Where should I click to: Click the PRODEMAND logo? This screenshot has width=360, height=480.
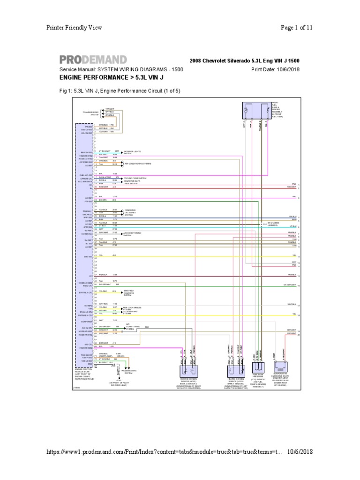pyautogui.click(x=93, y=60)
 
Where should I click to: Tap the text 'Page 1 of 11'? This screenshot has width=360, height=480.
pyautogui.click(x=297, y=28)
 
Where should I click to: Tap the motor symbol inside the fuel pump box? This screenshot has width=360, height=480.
pyautogui.click(x=245, y=110)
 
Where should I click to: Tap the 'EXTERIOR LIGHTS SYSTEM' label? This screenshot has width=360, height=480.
pyautogui.click(x=132, y=152)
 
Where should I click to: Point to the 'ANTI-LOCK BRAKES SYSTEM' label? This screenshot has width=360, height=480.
pyautogui.click(x=131, y=308)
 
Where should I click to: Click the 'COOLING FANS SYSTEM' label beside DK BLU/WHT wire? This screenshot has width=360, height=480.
pyautogui.click(x=135, y=178)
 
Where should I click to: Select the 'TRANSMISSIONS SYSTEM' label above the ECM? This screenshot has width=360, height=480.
pyautogui.click(x=90, y=113)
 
